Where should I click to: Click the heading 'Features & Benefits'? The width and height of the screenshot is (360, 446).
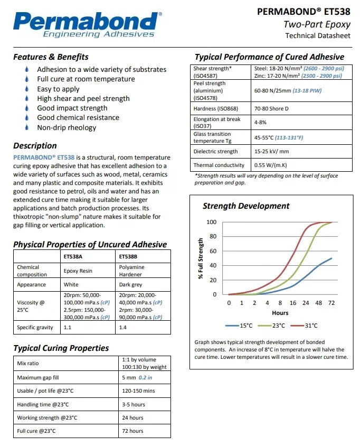click(51, 57)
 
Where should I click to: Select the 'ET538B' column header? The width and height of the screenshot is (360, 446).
click(128, 256)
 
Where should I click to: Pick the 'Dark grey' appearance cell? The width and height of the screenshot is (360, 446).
click(131, 284)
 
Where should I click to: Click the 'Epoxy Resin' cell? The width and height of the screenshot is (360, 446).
click(78, 271)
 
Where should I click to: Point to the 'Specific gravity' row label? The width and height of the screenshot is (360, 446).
click(35, 328)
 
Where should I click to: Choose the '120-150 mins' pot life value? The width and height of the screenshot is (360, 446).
click(139, 391)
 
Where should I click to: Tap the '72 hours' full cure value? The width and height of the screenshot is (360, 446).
click(132, 431)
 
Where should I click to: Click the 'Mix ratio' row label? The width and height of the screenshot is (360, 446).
click(28, 364)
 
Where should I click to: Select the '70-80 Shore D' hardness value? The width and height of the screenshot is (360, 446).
click(272, 109)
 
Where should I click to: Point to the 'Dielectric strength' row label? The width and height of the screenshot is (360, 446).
click(215, 152)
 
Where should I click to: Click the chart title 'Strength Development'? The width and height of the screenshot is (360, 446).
click(246, 206)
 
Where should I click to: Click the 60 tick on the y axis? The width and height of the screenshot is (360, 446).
click(213, 251)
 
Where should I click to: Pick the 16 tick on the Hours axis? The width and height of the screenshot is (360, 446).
click(292, 303)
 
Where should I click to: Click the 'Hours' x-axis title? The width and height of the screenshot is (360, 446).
click(280, 313)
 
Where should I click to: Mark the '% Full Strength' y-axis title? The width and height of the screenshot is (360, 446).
click(201, 258)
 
